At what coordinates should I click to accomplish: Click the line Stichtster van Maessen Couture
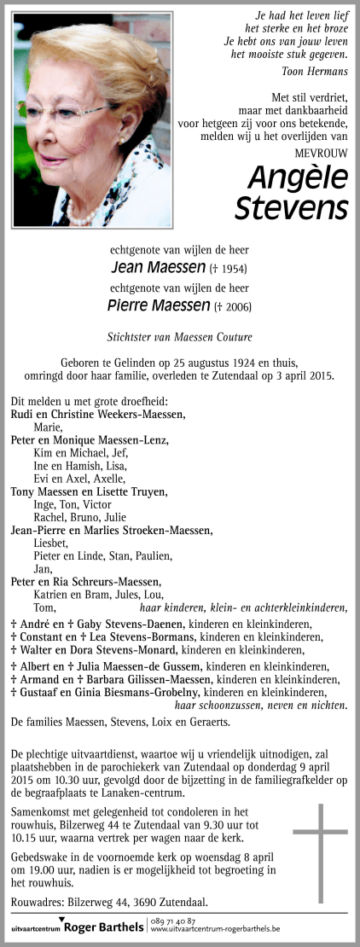click(179, 336)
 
